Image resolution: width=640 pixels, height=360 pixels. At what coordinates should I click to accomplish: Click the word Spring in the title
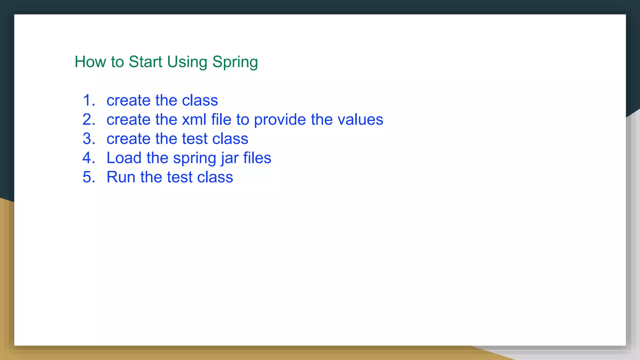pos(235,62)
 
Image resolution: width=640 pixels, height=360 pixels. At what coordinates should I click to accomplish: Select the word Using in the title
pos(187,62)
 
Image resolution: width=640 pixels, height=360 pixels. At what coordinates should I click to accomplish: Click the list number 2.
pos(88,120)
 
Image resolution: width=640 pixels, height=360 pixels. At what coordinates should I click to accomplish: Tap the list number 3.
pos(88,139)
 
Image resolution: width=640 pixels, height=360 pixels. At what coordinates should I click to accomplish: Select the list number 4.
pos(88,158)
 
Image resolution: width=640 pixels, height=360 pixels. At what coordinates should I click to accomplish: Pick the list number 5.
pos(88,177)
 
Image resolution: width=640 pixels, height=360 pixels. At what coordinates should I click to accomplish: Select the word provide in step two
pos(280,120)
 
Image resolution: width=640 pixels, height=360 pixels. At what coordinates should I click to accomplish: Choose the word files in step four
pos(257,158)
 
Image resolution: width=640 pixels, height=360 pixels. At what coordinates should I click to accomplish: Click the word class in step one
pos(200,100)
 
